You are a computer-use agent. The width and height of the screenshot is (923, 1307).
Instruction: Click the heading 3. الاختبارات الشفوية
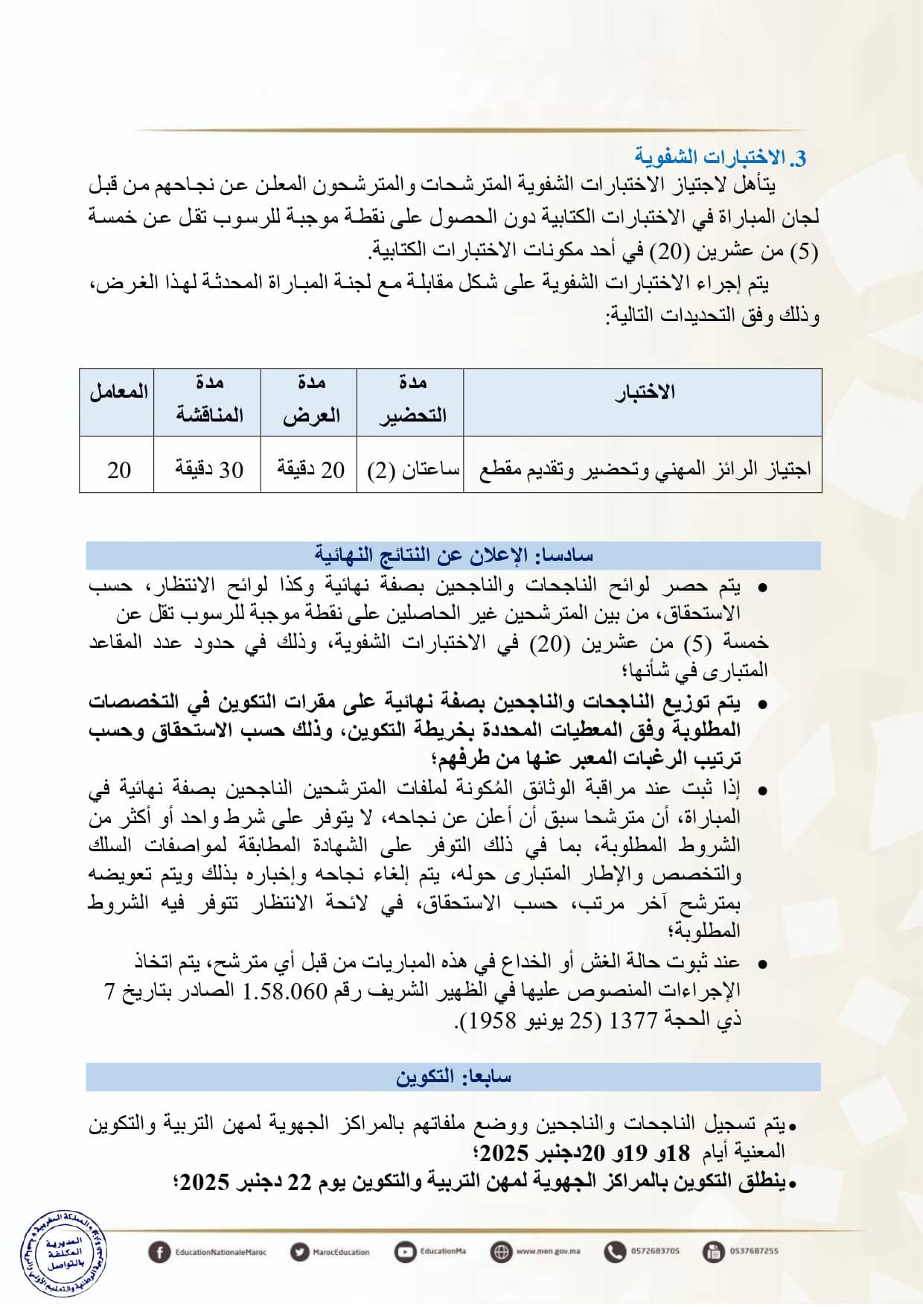pos(720,158)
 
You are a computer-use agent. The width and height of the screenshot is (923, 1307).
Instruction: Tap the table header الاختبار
pos(645,392)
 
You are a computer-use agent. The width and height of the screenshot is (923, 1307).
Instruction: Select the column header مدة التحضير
pos(412,400)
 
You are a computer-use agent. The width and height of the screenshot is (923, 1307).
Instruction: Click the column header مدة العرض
pos(311,400)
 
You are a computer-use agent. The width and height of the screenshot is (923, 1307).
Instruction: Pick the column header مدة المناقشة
pos(209,400)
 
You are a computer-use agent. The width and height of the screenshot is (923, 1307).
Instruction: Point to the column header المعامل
pos(118,392)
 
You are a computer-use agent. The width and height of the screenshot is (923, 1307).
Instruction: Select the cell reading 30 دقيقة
pos(209,470)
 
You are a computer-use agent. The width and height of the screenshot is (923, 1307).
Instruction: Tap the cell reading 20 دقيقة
pos(311,470)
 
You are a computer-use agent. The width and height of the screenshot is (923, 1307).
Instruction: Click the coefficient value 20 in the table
pos(119,470)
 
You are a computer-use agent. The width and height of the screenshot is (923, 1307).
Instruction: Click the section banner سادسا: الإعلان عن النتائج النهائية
pos(453,556)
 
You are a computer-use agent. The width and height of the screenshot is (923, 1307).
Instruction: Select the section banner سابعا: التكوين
pos(453,1077)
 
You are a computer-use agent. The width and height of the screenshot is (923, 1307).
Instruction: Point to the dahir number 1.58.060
pos(286,991)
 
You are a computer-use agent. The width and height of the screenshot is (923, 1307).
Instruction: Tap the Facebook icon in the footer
pos(159,1251)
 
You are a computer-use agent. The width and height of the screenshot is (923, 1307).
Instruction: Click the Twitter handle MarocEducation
pos(341,1252)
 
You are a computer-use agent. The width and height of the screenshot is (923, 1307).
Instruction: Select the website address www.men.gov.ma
pos(548,1251)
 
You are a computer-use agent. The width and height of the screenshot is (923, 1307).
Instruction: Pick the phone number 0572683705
pos(655,1251)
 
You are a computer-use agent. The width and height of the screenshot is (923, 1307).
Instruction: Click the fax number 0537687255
pos(753,1251)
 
